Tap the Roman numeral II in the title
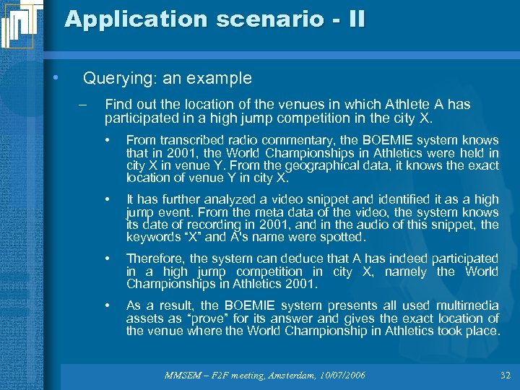[x=356, y=19]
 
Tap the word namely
[x=405, y=272]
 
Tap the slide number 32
[x=504, y=375]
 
